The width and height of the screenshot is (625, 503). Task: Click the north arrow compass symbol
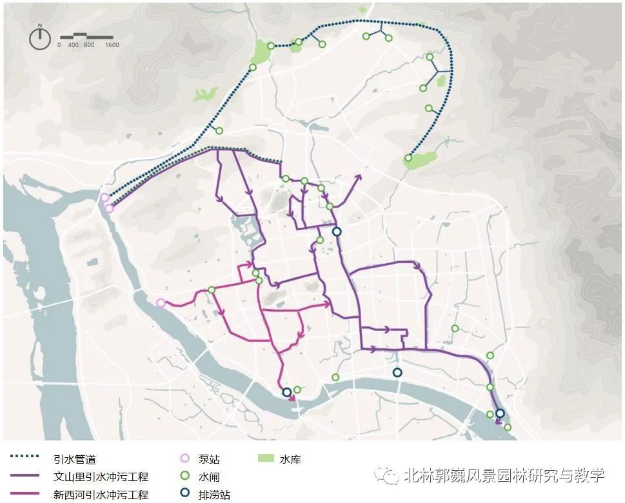[x=39, y=37]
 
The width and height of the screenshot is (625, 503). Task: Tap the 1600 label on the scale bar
[x=112, y=45]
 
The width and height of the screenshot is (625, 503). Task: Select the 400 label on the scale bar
[x=73, y=45]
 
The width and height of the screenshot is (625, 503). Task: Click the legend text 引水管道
[x=74, y=459]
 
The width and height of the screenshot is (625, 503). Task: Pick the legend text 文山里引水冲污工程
[x=101, y=477]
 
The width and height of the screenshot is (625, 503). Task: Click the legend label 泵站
[x=209, y=459]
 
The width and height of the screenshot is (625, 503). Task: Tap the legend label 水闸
[x=209, y=477]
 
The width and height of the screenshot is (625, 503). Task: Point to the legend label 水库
[x=290, y=459]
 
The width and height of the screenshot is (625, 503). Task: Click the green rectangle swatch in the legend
[x=265, y=459]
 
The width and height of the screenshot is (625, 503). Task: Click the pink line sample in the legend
[x=25, y=493]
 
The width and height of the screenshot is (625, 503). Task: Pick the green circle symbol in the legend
[x=186, y=477]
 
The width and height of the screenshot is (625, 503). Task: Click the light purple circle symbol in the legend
[x=186, y=459]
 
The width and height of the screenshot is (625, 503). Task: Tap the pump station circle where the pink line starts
[x=161, y=302]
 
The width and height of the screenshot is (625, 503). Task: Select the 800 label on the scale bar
[x=89, y=45]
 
